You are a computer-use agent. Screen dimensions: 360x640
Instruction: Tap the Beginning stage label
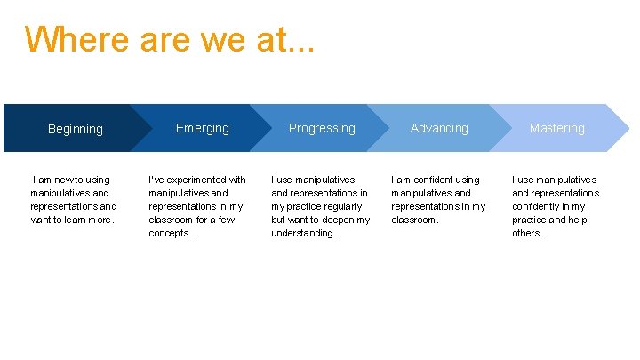76,129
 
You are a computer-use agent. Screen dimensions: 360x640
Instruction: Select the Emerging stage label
203,128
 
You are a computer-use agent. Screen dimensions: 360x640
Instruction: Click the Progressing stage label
322,128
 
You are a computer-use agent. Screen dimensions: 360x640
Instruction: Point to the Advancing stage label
439,128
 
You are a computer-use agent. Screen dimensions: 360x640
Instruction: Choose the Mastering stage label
557,128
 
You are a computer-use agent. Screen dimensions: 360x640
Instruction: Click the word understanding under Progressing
303,233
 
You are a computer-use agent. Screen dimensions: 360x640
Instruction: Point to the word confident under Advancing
430,180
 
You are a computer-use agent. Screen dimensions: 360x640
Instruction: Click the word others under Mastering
526,233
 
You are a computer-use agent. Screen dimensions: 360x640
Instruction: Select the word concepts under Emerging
168,233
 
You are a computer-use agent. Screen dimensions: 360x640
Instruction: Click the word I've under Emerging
156,180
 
